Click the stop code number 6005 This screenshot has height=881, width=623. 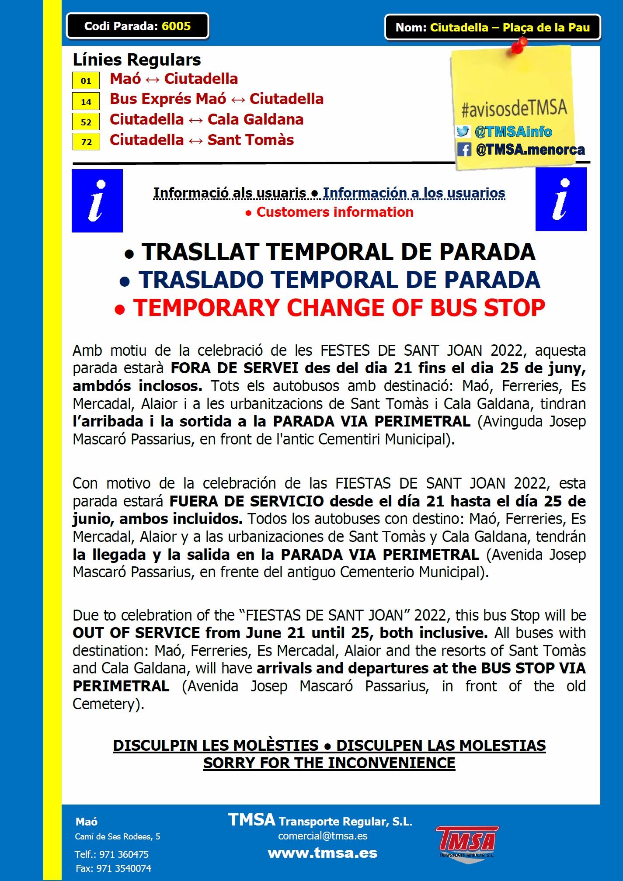176,26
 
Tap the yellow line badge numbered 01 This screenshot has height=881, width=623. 86,81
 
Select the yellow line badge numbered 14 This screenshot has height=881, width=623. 86,101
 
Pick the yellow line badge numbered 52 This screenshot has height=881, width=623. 86,122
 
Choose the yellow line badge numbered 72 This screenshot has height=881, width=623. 86,142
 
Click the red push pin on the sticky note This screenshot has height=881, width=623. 519,45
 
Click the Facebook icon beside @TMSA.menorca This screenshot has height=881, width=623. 464,149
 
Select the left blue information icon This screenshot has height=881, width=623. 97,201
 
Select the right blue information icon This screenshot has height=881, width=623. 561,199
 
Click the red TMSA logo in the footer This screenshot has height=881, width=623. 467,843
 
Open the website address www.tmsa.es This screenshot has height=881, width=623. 322,853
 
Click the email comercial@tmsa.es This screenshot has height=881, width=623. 323,836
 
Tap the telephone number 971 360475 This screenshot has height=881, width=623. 124,854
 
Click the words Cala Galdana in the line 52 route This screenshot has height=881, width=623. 255,120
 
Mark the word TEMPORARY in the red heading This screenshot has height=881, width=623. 206,308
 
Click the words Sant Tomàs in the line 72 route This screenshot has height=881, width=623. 251,140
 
